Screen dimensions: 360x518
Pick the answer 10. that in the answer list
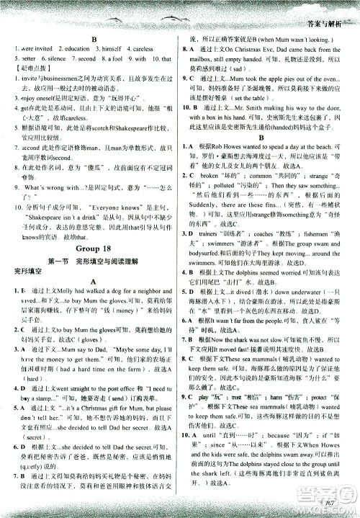(161, 58)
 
